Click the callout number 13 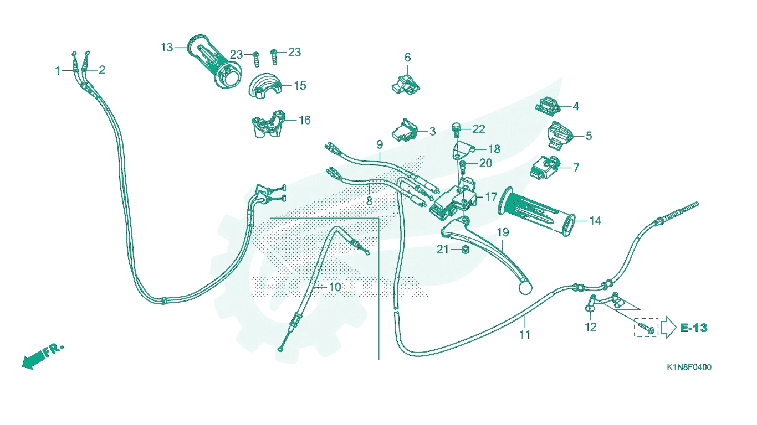point(167,48)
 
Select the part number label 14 point(595,221)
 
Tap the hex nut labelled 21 point(465,250)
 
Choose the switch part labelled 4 point(548,107)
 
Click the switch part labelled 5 point(560,136)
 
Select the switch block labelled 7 point(544,168)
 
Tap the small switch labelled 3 point(405,130)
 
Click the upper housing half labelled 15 point(265,86)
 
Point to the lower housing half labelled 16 point(269,124)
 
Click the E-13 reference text point(694,328)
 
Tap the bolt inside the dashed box point(646,328)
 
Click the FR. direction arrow point(43,356)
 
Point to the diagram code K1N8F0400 point(689,367)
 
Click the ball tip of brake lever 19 point(525,288)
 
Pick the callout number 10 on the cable point(335,287)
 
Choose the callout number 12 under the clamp point(591,327)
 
